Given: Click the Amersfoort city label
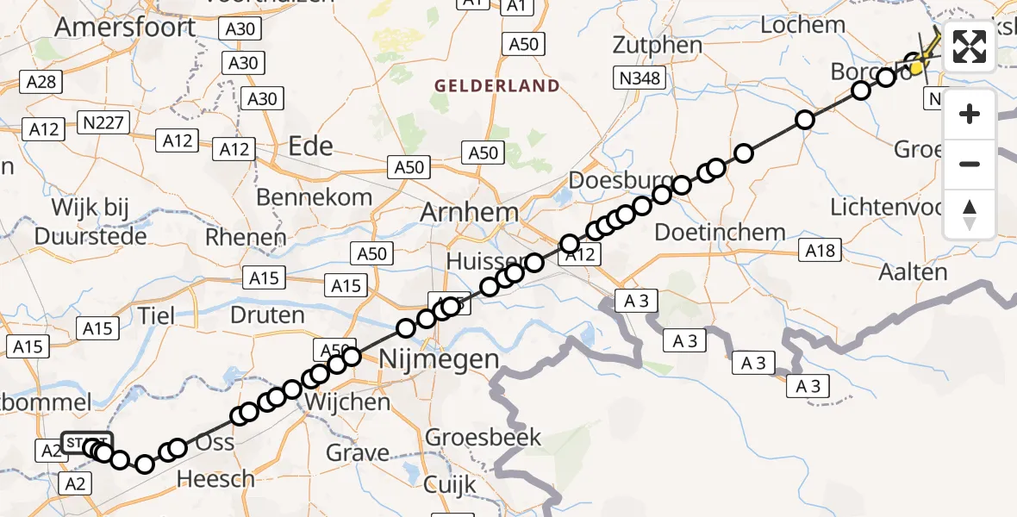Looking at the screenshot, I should coord(125,27).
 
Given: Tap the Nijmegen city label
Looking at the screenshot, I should coord(440,358).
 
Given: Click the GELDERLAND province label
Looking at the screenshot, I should coord(497,86).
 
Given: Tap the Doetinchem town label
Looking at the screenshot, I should coord(720,232).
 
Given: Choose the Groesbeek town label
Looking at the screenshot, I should coord(484,437).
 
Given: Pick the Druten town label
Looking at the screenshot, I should coord(267,315).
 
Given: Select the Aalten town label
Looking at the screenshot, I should coord(913,271).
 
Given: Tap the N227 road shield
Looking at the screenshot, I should coord(103,122).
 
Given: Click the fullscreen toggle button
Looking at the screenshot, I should coord(970,47).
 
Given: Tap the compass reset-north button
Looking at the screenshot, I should coord(970,214).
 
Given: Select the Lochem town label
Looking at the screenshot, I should coord(802,24).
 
